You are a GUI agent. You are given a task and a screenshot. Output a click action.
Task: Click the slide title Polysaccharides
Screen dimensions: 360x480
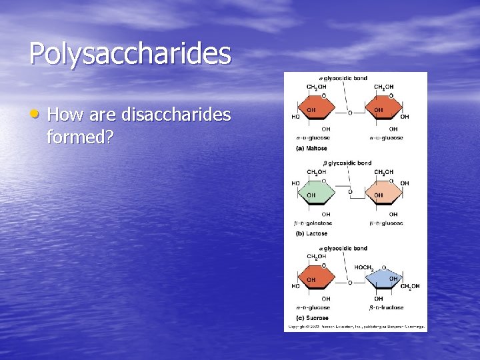[x=130, y=54]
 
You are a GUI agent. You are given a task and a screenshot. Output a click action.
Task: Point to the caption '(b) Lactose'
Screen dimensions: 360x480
[x=311, y=234]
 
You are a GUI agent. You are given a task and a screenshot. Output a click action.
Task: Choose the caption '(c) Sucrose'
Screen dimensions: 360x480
[x=311, y=318]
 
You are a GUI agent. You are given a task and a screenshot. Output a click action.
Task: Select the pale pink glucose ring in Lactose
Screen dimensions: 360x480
[x=385, y=193]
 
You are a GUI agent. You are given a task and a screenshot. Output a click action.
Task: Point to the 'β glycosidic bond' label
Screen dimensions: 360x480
[x=347, y=163]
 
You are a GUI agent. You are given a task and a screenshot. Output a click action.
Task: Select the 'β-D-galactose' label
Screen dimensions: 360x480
[x=313, y=223]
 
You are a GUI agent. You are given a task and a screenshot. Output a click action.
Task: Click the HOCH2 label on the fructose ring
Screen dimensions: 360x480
[x=364, y=267]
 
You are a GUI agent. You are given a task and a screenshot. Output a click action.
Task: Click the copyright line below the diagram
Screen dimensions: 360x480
[x=355, y=327]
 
